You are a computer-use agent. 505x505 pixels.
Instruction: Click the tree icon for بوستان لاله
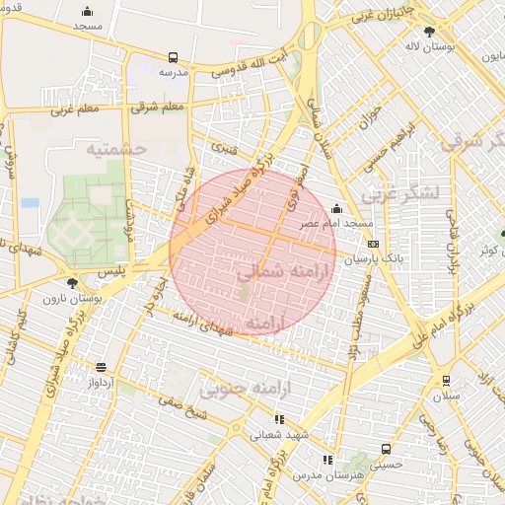point(428,32)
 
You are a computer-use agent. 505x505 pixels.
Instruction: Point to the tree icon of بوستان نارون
point(73,281)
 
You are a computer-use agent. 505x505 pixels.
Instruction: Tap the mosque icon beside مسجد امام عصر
point(337,208)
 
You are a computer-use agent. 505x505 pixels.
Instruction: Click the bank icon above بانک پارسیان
point(372,244)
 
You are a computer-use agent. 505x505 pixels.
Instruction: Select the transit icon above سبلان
point(446,380)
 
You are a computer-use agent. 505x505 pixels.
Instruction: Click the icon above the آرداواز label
point(101,367)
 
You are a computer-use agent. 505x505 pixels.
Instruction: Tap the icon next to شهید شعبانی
point(280,419)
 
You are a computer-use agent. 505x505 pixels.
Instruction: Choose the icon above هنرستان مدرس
point(326,460)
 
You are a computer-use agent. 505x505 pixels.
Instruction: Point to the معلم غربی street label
point(75,108)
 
